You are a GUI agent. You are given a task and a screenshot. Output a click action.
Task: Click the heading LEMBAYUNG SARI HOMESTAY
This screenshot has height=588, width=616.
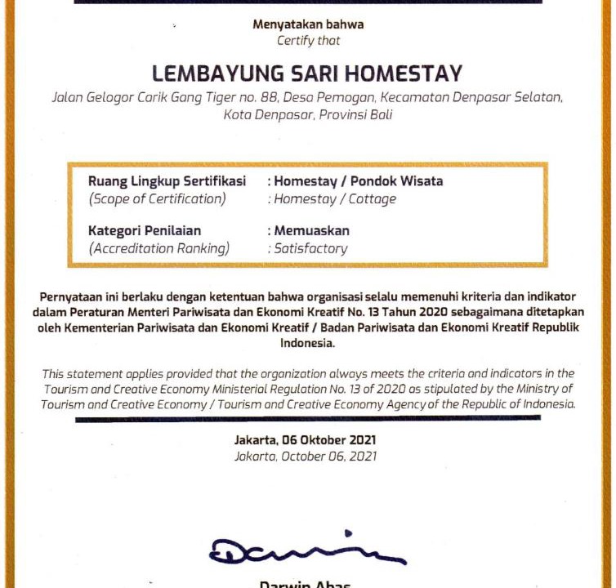(x=307, y=73)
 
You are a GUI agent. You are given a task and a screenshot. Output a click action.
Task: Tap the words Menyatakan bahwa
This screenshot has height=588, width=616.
(x=307, y=24)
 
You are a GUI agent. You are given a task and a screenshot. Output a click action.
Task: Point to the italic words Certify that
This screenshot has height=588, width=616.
(x=308, y=40)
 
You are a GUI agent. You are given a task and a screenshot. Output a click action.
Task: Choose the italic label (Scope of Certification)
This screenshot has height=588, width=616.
(x=157, y=198)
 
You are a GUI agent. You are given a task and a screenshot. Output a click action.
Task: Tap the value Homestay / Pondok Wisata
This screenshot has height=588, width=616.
(x=359, y=181)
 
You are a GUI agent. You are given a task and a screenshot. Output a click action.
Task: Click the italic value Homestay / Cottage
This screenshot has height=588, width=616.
(x=334, y=198)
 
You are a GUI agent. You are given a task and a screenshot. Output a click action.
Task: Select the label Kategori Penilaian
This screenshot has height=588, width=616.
(x=145, y=231)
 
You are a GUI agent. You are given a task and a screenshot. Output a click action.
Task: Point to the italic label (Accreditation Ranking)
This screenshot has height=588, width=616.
(x=159, y=248)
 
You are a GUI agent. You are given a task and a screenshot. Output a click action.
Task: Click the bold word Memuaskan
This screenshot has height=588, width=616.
(x=311, y=231)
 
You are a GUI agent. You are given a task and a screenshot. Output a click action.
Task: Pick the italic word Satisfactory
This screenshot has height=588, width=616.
(x=310, y=248)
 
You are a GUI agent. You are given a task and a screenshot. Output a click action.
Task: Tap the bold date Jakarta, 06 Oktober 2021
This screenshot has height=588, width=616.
(x=306, y=440)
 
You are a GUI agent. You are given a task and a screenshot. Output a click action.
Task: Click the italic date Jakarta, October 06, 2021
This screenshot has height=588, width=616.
(x=306, y=457)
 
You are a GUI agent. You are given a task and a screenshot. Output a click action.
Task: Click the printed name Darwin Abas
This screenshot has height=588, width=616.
(x=306, y=583)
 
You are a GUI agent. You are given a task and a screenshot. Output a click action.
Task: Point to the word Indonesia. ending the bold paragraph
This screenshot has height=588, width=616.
(x=307, y=344)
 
